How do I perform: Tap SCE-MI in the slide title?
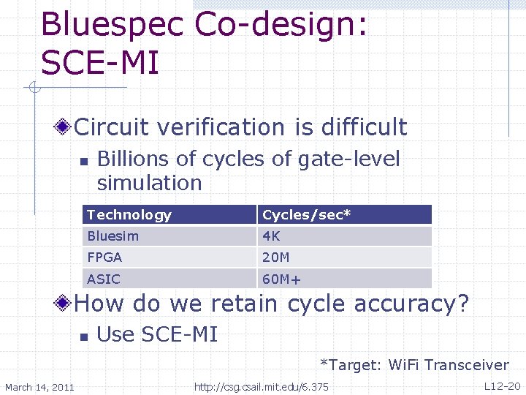click(x=100, y=63)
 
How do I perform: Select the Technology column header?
click(x=129, y=215)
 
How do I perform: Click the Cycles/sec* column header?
click(x=307, y=215)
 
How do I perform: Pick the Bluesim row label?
click(x=113, y=236)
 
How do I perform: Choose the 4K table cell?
click(x=271, y=236)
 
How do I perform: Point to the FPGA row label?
click(x=104, y=257)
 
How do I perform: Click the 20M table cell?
click(x=276, y=257)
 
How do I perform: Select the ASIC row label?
click(x=103, y=279)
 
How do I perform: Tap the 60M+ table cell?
click(x=282, y=279)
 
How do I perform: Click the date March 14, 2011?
click(x=39, y=386)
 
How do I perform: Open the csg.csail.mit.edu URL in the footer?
click(x=261, y=386)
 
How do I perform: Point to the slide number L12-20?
click(x=502, y=385)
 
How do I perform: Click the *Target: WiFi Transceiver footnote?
click(x=414, y=365)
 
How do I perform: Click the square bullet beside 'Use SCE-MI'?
click(x=84, y=336)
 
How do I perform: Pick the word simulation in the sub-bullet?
click(x=149, y=182)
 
